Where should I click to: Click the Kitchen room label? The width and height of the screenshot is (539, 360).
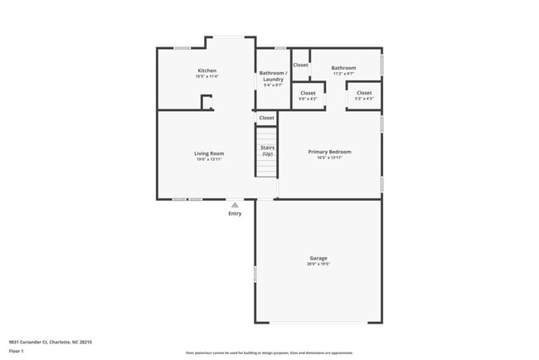pyautogui.click(x=206, y=71)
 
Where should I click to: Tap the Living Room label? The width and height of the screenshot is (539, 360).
pyautogui.click(x=209, y=153)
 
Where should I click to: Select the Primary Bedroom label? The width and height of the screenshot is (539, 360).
pyautogui.click(x=329, y=152)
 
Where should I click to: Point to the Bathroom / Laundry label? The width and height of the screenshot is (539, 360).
pyautogui.click(x=273, y=75)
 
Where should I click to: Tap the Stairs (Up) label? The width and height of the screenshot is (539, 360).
pyautogui.click(x=267, y=150)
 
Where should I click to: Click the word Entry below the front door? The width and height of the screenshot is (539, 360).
pyautogui.click(x=236, y=214)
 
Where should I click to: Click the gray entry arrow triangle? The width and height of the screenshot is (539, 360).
pyautogui.click(x=236, y=204)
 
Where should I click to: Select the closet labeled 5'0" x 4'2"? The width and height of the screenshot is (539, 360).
pyautogui.click(x=308, y=93)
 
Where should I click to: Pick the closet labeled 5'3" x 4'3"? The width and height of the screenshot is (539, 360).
pyautogui.click(x=364, y=93)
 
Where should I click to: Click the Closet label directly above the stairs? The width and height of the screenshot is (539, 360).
pyautogui.click(x=266, y=118)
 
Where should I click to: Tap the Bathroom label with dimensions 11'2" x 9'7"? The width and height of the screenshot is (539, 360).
pyautogui.click(x=343, y=68)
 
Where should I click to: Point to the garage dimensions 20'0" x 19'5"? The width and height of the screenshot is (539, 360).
pyautogui.click(x=318, y=265)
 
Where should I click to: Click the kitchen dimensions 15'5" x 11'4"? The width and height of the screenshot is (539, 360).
pyautogui.click(x=206, y=76)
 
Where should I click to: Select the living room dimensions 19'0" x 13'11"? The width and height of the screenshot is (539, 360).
pyautogui.click(x=209, y=159)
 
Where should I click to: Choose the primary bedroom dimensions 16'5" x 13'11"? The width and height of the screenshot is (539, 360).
pyautogui.click(x=329, y=158)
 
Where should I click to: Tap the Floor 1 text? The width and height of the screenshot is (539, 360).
pyautogui.click(x=17, y=351)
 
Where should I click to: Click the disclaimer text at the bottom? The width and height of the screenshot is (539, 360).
pyautogui.click(x=269, y=353)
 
